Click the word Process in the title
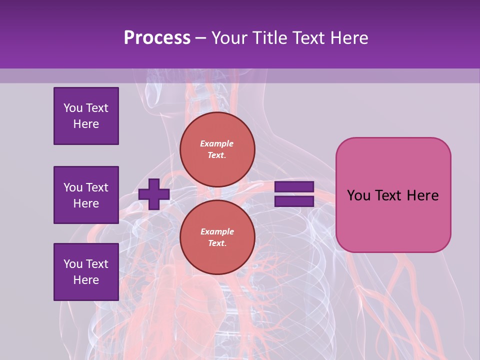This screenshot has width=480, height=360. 157,38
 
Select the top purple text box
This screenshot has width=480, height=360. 86,116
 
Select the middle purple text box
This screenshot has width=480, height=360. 86,195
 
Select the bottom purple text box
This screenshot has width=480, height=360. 86,272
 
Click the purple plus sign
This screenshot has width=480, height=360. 154,194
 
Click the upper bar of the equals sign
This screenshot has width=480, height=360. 294,187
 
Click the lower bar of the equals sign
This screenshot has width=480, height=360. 294,201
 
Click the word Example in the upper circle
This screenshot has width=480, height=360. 216,143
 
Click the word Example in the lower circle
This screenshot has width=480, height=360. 217,231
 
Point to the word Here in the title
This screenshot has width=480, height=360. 348,38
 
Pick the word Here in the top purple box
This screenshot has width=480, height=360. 86,124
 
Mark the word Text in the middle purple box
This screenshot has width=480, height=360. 96,187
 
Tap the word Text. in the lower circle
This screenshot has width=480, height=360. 217,243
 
